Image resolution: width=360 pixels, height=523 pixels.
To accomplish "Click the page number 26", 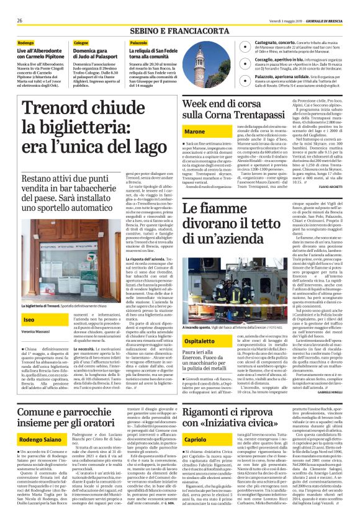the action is pyautogui.click(x=20, y=20).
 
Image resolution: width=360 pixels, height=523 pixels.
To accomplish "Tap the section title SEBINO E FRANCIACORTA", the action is pyautogui.click(x=179, y=29).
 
